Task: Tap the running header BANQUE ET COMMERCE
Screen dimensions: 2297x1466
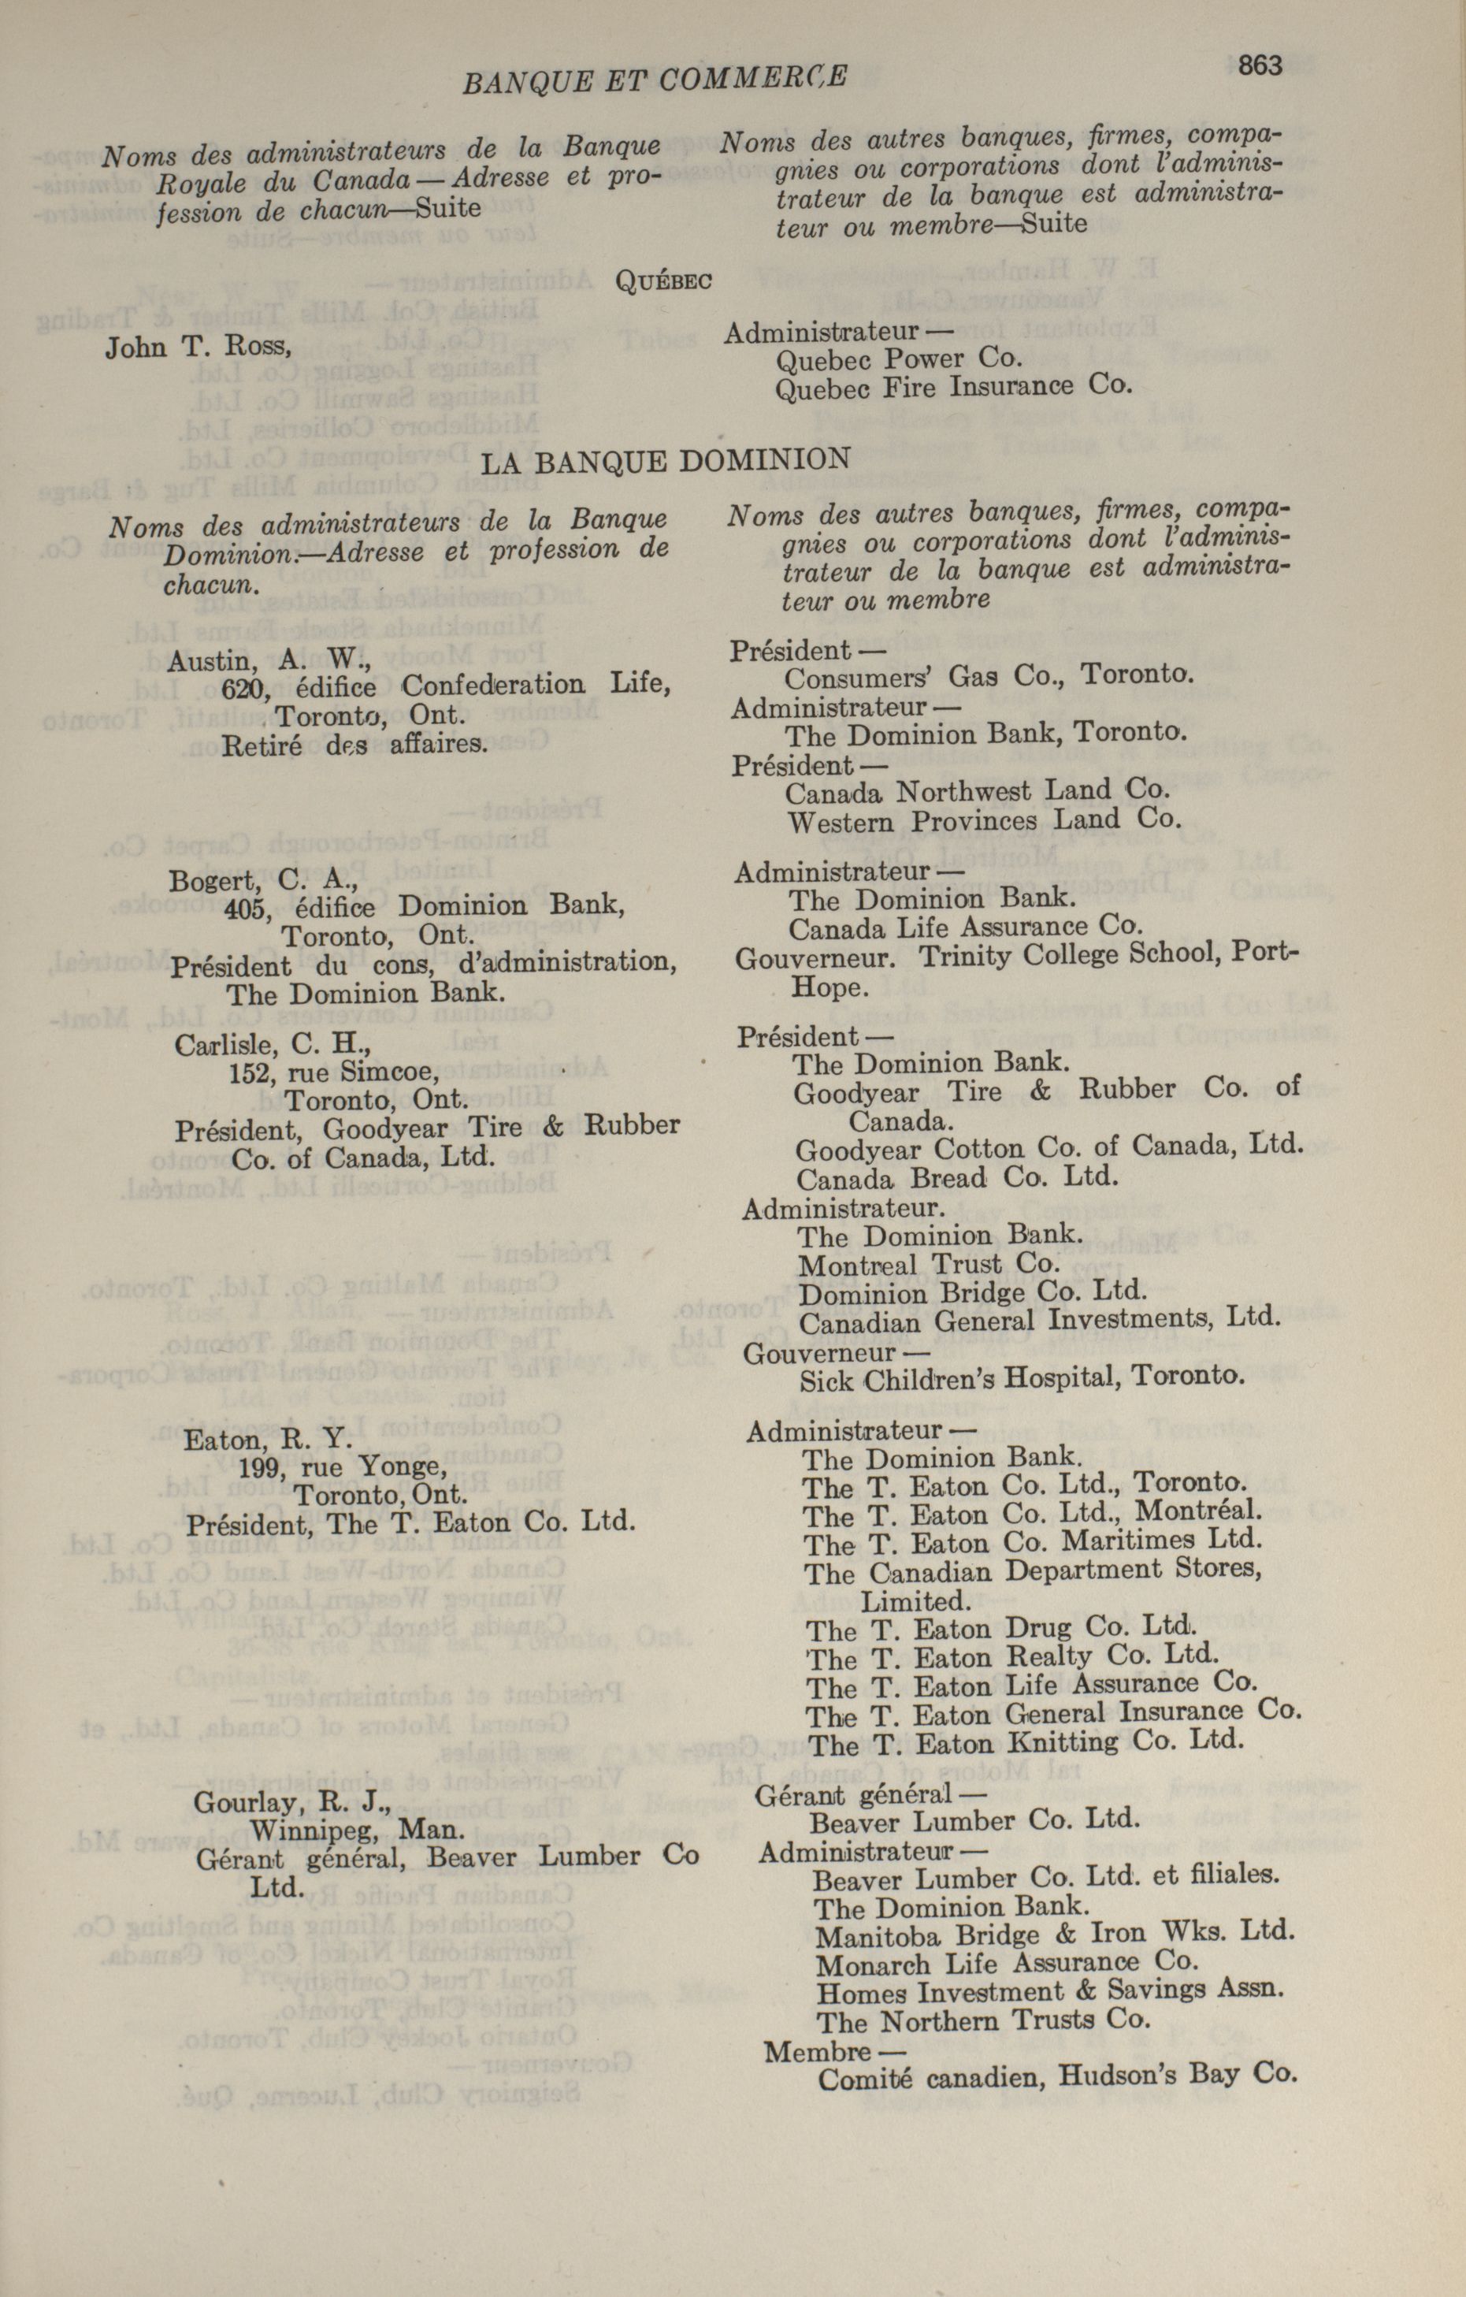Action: coord(655,80)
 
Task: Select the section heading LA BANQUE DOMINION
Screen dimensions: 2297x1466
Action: coord(665,462)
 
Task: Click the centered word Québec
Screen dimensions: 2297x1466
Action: coord(665,281)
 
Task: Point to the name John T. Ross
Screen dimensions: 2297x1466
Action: coord(198,348)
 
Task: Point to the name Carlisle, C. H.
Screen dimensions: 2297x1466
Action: coord(272,1046)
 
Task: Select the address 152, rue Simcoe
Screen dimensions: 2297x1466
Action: coord(334,1073)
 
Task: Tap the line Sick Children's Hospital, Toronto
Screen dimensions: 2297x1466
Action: coord(1022,1378)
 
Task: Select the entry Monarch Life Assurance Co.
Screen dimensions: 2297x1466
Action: coord(1006,1963)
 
